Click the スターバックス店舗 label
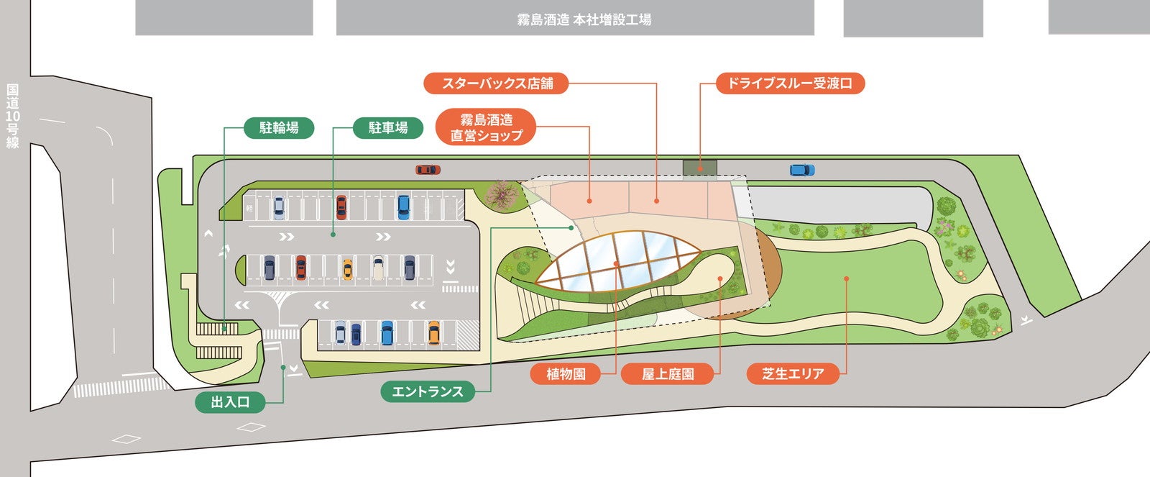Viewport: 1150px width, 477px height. (x=497, y=83)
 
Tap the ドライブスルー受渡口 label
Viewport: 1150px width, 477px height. (x=790, y=83)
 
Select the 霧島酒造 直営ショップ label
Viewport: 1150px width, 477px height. (x=487, y=127)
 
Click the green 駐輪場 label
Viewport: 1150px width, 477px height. (x=279, y=128)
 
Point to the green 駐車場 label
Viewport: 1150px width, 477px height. (x=388, y=128)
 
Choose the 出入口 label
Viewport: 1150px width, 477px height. (x=230, y=402)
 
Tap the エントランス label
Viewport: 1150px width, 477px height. (x=428, y=392)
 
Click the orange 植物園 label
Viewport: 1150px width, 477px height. (x=566, y=374)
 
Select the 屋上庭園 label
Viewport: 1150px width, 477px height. (x=668, y=374)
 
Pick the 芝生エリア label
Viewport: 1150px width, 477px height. (x=793, y=374)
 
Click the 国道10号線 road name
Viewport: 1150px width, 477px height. (x=13, y=116)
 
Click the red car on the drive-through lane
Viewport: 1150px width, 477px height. (x=427, y=170)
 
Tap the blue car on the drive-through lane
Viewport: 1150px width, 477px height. (x=802, y=171)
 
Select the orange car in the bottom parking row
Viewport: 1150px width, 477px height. (x=433, y=332)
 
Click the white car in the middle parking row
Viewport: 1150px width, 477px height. (x=378, y=268)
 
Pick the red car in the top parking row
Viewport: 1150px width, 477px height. (x=341, y=207)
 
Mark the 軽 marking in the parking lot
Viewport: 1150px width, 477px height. (x=249, y=207)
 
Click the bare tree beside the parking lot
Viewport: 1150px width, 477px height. (x=502, y=194)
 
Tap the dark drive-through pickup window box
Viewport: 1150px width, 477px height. (x=699, y=167)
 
